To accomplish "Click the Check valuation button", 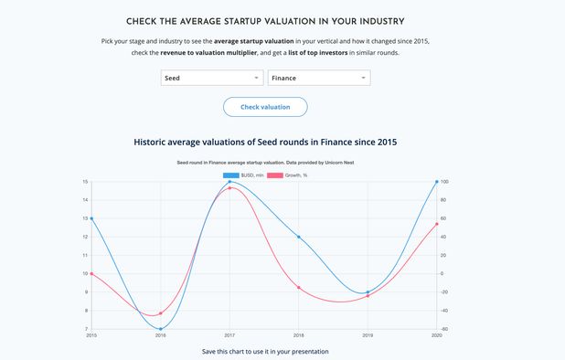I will (265, 107).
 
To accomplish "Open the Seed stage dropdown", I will (211, 79).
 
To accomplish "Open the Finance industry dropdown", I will (318, 79).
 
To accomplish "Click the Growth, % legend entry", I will (287, 175).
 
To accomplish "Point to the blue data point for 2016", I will (161, 329).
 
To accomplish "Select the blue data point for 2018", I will (298, 237).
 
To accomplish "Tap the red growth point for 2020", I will (437, 224).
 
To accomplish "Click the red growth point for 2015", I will (91, 274).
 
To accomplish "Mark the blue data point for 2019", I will (368, 292).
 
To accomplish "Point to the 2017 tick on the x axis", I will (229, 336).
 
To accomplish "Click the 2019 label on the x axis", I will (368, 336).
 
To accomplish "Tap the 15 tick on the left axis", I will (84, 182).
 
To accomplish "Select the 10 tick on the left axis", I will (84, 274).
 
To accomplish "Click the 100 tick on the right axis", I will (444, 182).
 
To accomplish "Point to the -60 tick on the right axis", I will (444, 329).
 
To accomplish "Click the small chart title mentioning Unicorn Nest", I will (265, 163).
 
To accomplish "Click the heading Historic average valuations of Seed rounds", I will (265, 143).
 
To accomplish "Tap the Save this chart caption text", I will (265, 351).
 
